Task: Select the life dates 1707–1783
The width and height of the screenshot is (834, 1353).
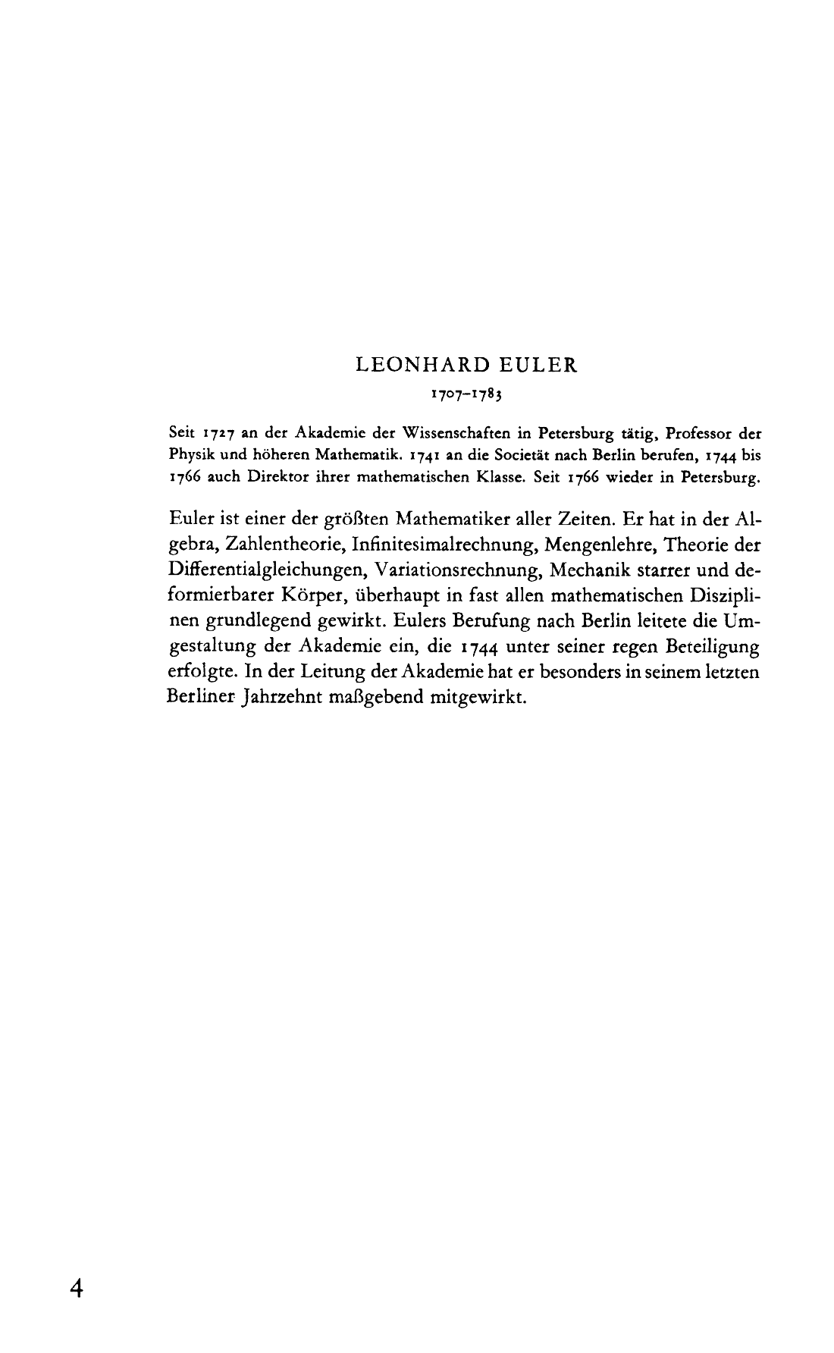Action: pyautogui.click(x=467, y=395)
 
